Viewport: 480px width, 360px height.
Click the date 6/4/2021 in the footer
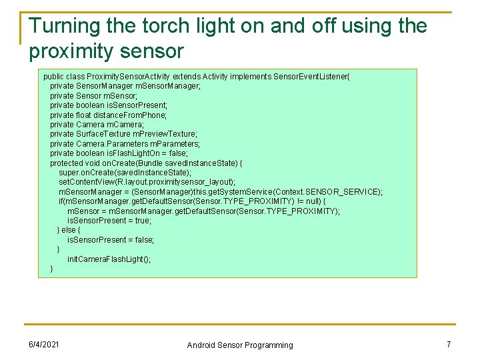[x=43, y=344]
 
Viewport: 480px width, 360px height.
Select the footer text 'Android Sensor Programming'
[x=239, y=345]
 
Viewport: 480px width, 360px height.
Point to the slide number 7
[x=449, y=344]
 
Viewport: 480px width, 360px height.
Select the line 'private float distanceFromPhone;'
[x=108, y=115]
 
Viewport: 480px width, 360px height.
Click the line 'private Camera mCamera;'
[x=97, y=125]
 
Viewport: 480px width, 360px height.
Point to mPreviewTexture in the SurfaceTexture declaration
[x=168, y=134]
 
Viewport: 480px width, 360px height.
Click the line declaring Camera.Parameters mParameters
[x=125, y=144]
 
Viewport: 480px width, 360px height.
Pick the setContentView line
[x=147, y=182]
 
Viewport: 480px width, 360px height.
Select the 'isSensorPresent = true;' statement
[x=109, y=221]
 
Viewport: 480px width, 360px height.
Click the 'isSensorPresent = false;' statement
[x=111, y=240]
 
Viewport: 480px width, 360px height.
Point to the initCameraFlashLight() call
[x=109, y=259]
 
